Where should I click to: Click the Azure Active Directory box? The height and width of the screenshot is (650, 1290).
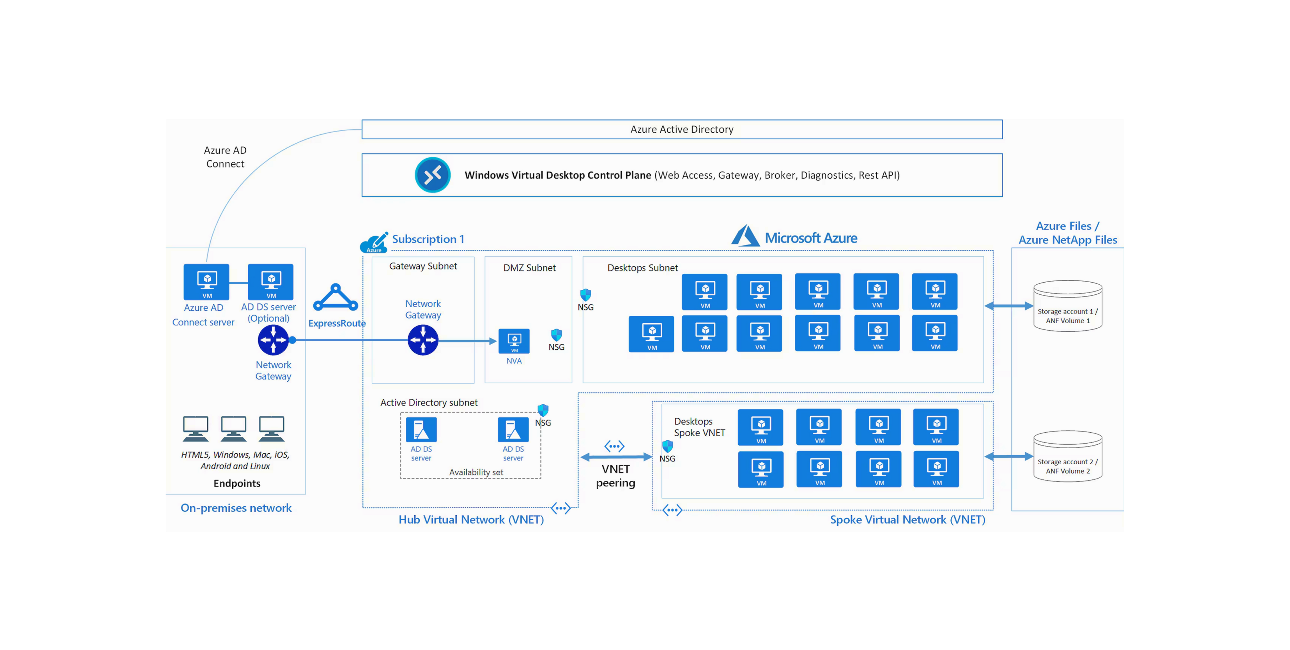682,129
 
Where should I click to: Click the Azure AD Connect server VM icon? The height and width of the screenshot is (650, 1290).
206,282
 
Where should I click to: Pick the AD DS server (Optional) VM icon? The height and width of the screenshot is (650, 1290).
271,282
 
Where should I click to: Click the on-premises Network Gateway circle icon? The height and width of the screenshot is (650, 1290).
273,340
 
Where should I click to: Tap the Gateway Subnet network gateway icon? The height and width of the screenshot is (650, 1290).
423,340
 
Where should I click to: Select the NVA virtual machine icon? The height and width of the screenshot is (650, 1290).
514,341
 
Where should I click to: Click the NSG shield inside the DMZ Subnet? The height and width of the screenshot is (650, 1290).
556,335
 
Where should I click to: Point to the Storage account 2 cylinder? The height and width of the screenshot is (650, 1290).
1068,456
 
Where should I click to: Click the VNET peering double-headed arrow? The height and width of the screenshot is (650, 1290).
616,456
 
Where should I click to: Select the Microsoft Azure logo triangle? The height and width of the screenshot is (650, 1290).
746,236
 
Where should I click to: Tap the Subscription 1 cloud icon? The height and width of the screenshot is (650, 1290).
373,243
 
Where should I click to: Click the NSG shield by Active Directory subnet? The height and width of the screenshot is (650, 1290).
543,410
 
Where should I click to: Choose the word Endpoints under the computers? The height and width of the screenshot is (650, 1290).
237,483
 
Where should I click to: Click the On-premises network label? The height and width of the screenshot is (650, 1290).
236,508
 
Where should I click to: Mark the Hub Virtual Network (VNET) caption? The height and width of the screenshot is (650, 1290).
471,520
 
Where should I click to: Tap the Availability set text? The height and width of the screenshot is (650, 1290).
476,472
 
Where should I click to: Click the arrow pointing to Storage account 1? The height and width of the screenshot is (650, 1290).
1008,306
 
